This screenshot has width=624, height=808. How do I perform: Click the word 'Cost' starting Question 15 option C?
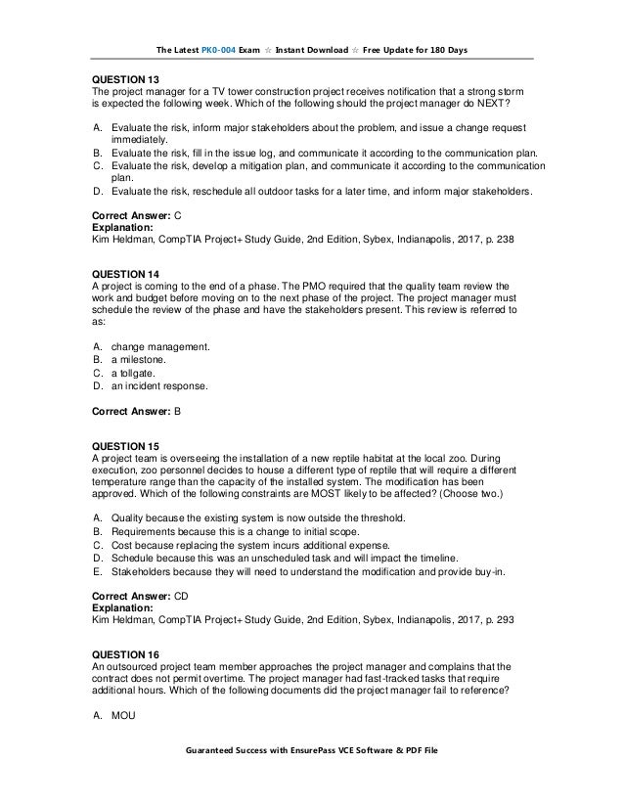point(123,545)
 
